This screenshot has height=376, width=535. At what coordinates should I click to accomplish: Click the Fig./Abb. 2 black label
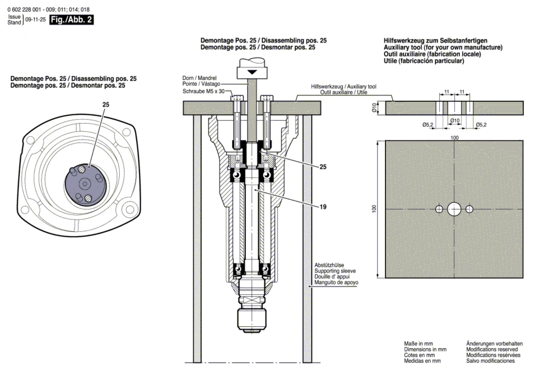click(x=71, y=20)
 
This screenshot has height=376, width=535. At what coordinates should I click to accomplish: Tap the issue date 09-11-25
click(x=35, y=20)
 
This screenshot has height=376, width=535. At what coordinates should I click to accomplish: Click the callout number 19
click(x=323, y=207)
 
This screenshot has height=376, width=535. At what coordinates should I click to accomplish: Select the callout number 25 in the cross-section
click(x=323, y=167)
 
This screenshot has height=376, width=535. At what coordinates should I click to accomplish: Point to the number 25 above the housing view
click(x=106, y=105)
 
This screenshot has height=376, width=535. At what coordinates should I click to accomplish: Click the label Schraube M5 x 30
click(x=204, y=91)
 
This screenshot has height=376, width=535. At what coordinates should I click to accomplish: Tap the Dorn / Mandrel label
click(x=199, y=78)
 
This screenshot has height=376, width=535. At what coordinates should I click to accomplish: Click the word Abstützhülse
click(x=329, y=265)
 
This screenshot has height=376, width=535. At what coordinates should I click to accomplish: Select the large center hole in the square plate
click(x=454, y=209)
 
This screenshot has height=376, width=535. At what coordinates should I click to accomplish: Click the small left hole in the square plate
click(x=439, y=209)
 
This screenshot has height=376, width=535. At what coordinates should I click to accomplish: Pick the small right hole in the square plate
click(x=469, y=209)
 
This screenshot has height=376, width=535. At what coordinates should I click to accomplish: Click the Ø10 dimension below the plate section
click(x=455, y=120)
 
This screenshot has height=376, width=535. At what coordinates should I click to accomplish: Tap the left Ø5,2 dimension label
click(x=428, y=125)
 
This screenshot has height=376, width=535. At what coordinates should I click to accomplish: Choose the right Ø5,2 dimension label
click(x=481, y=125)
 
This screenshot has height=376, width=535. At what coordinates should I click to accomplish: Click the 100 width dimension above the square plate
click(x=454, y=137)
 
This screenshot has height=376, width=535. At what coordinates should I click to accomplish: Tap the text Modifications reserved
click(x=492, y=349)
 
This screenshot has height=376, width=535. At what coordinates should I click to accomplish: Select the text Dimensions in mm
click(x=425, y=349)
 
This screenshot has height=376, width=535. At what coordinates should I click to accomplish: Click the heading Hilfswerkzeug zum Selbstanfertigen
click(x=435, y=41)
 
